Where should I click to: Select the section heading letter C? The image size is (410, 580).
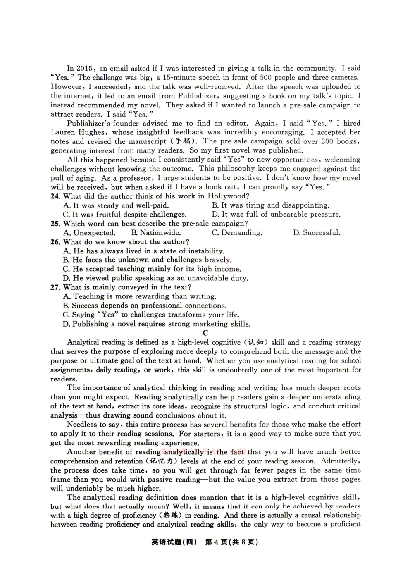point(205,333)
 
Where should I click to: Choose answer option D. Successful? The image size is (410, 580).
point(317,233)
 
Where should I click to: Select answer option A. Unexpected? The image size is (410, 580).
point(89,233)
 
